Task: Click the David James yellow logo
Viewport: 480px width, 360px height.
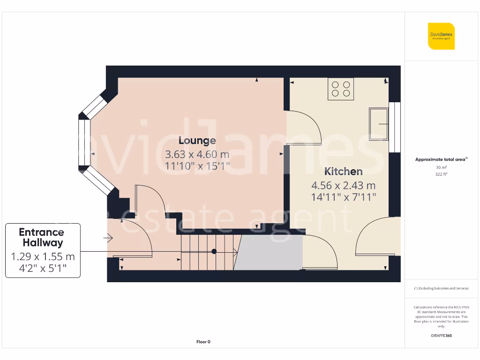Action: click(441, 36)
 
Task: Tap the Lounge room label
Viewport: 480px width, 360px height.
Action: click(197, 141)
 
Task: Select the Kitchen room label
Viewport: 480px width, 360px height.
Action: click(344, 172)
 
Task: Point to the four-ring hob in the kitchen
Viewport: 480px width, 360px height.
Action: click(341, 89)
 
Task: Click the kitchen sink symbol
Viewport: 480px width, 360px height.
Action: click(379, 124)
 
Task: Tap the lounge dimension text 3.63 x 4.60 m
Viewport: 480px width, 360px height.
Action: click(197, 154)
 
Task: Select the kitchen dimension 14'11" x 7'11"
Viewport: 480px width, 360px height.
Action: click(344, 197)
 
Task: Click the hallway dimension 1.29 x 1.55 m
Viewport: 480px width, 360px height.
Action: click(43, 256)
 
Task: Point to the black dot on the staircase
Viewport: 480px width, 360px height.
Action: click(214, 251)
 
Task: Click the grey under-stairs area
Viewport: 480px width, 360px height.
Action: click(269, 253)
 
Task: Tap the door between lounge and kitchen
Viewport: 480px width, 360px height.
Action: click(304, 127)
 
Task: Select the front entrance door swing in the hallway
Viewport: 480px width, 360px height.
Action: click(136, 239)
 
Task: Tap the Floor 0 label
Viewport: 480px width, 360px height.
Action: click(203, 342)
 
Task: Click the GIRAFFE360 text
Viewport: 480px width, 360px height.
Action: click(441, 336)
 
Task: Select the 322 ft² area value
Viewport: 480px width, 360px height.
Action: click(441, 173)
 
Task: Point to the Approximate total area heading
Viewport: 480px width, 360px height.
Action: click(441, 159)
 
